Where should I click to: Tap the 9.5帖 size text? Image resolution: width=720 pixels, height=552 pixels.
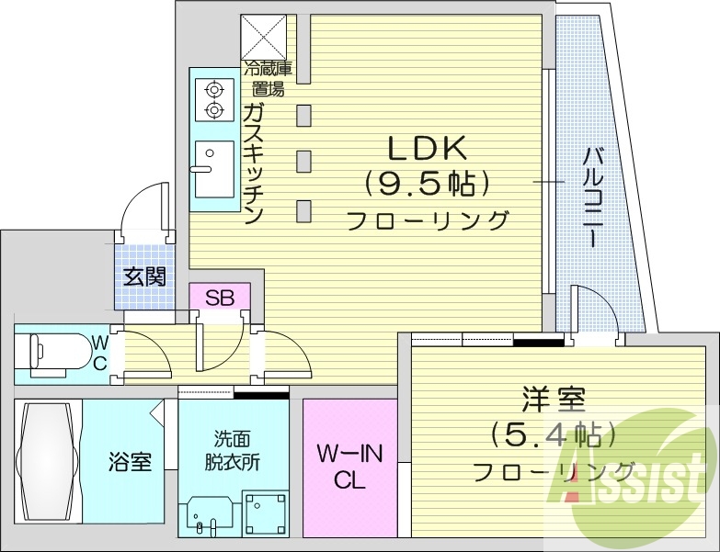coord(425,185)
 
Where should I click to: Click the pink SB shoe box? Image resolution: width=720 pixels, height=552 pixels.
coord(219,297)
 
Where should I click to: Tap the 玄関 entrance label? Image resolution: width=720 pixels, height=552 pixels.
coord(145,275)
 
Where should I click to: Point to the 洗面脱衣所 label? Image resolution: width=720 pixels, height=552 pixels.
coord(232,450)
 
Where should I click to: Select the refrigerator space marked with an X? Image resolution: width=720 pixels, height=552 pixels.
coord(263,38)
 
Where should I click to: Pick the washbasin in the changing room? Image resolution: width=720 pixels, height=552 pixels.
coord(207,515)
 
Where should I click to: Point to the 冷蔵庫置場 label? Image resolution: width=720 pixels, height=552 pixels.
coord(267,78)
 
